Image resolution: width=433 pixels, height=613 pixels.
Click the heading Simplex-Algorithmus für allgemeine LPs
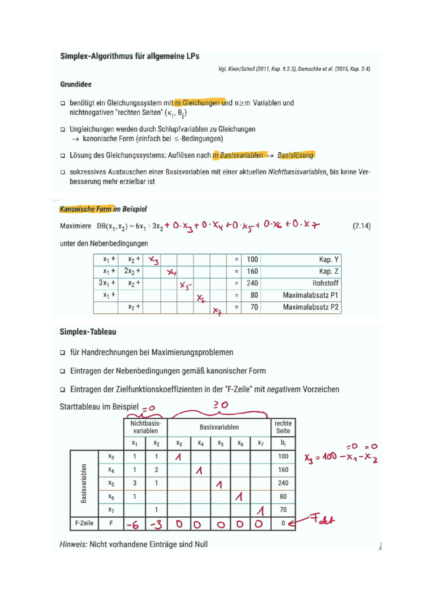tap(130, 56)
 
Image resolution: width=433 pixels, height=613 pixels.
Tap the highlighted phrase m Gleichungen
tap(199, 103)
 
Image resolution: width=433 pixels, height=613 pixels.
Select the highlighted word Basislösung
tap(296, 155)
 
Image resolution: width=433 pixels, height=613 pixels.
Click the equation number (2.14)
tap(361, 226)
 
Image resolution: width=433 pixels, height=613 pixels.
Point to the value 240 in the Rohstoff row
tap(252, 283)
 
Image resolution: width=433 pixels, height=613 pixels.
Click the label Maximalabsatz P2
tap(310, 307)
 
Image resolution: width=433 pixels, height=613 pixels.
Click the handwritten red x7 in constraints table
tap(217, 311)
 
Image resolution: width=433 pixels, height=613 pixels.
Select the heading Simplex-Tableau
tap(88, 332)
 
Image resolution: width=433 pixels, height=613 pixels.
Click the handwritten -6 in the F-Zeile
tap(133, 525)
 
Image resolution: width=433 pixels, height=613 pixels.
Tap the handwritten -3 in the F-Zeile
tap(156, 525)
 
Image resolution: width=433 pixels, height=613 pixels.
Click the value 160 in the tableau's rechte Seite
tap(283, 470)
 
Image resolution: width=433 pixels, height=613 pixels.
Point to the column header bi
tap(283, 443)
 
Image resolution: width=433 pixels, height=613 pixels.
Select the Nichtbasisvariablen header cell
tap(145, 427)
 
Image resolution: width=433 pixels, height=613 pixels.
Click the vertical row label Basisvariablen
tap(84, 483)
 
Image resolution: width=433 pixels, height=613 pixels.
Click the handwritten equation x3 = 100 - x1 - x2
tap(341, 457)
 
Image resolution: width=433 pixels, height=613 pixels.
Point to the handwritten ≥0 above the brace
tap(220, 405)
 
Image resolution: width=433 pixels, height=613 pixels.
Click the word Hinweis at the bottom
tap(73, 544)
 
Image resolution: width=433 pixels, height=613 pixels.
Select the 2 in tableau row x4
tap(156, 470)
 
